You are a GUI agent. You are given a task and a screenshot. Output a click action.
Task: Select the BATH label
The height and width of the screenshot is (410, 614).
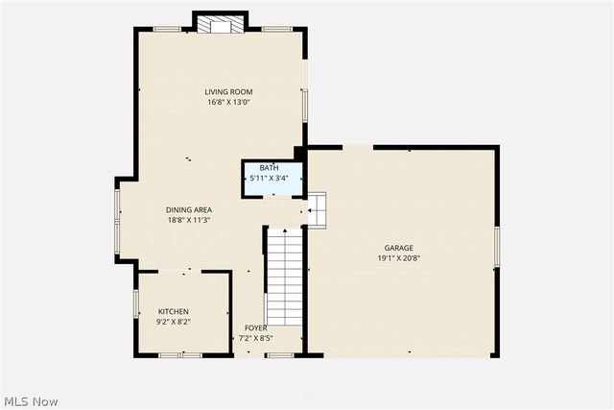coord(269,169)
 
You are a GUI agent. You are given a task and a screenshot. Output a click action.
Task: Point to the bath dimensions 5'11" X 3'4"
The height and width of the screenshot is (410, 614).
coord(269,179)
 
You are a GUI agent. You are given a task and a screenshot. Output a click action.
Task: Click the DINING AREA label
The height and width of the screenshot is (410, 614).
coord(189,209)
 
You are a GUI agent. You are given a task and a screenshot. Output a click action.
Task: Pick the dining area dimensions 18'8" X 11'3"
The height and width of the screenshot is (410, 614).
coord(188,220)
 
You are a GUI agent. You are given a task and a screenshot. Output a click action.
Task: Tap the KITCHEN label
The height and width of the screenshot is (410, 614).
coord(174,311)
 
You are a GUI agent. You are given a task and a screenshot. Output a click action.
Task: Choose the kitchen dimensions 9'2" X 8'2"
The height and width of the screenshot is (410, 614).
coord(174,322)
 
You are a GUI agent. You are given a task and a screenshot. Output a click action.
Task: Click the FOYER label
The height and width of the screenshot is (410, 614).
coord(255,328)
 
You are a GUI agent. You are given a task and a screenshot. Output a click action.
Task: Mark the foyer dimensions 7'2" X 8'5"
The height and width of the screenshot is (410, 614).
coord(255,338)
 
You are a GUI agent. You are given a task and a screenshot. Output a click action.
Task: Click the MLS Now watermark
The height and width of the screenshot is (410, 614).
coord(31,400)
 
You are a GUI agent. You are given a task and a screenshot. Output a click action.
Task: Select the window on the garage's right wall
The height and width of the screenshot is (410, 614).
coord(497,246)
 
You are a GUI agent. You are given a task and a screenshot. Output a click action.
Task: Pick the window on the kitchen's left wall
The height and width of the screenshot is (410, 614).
coord(135,303)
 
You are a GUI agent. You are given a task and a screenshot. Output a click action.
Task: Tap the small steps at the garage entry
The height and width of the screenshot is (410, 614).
coord(317,208)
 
